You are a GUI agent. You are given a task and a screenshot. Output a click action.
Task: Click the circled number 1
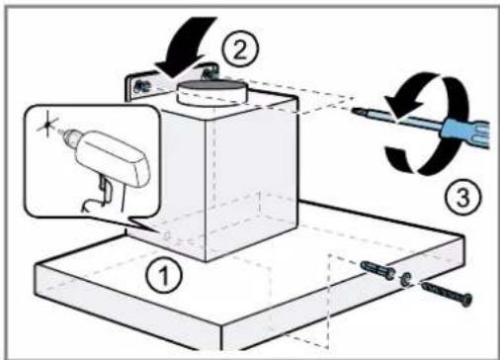pos(164,275)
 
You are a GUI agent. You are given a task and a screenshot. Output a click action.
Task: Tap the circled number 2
pos(240,49)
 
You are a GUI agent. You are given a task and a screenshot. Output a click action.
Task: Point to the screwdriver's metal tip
pos(357,111)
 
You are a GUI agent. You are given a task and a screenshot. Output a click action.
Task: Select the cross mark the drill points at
pos(47,124)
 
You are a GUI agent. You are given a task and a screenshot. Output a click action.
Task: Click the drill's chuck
pos(70,135)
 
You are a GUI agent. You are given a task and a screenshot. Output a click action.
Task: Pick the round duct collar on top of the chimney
pos(212,93)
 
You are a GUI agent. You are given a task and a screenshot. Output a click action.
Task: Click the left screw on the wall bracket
pos(140,86)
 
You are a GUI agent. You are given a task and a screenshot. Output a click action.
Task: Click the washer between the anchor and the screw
pos(405,279)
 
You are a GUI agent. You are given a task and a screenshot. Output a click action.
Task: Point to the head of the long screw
pos(466,300)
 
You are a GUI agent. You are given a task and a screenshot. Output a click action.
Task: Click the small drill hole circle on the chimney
pos(167,235)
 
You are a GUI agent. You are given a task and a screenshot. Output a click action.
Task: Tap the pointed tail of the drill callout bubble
pos(152,229)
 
